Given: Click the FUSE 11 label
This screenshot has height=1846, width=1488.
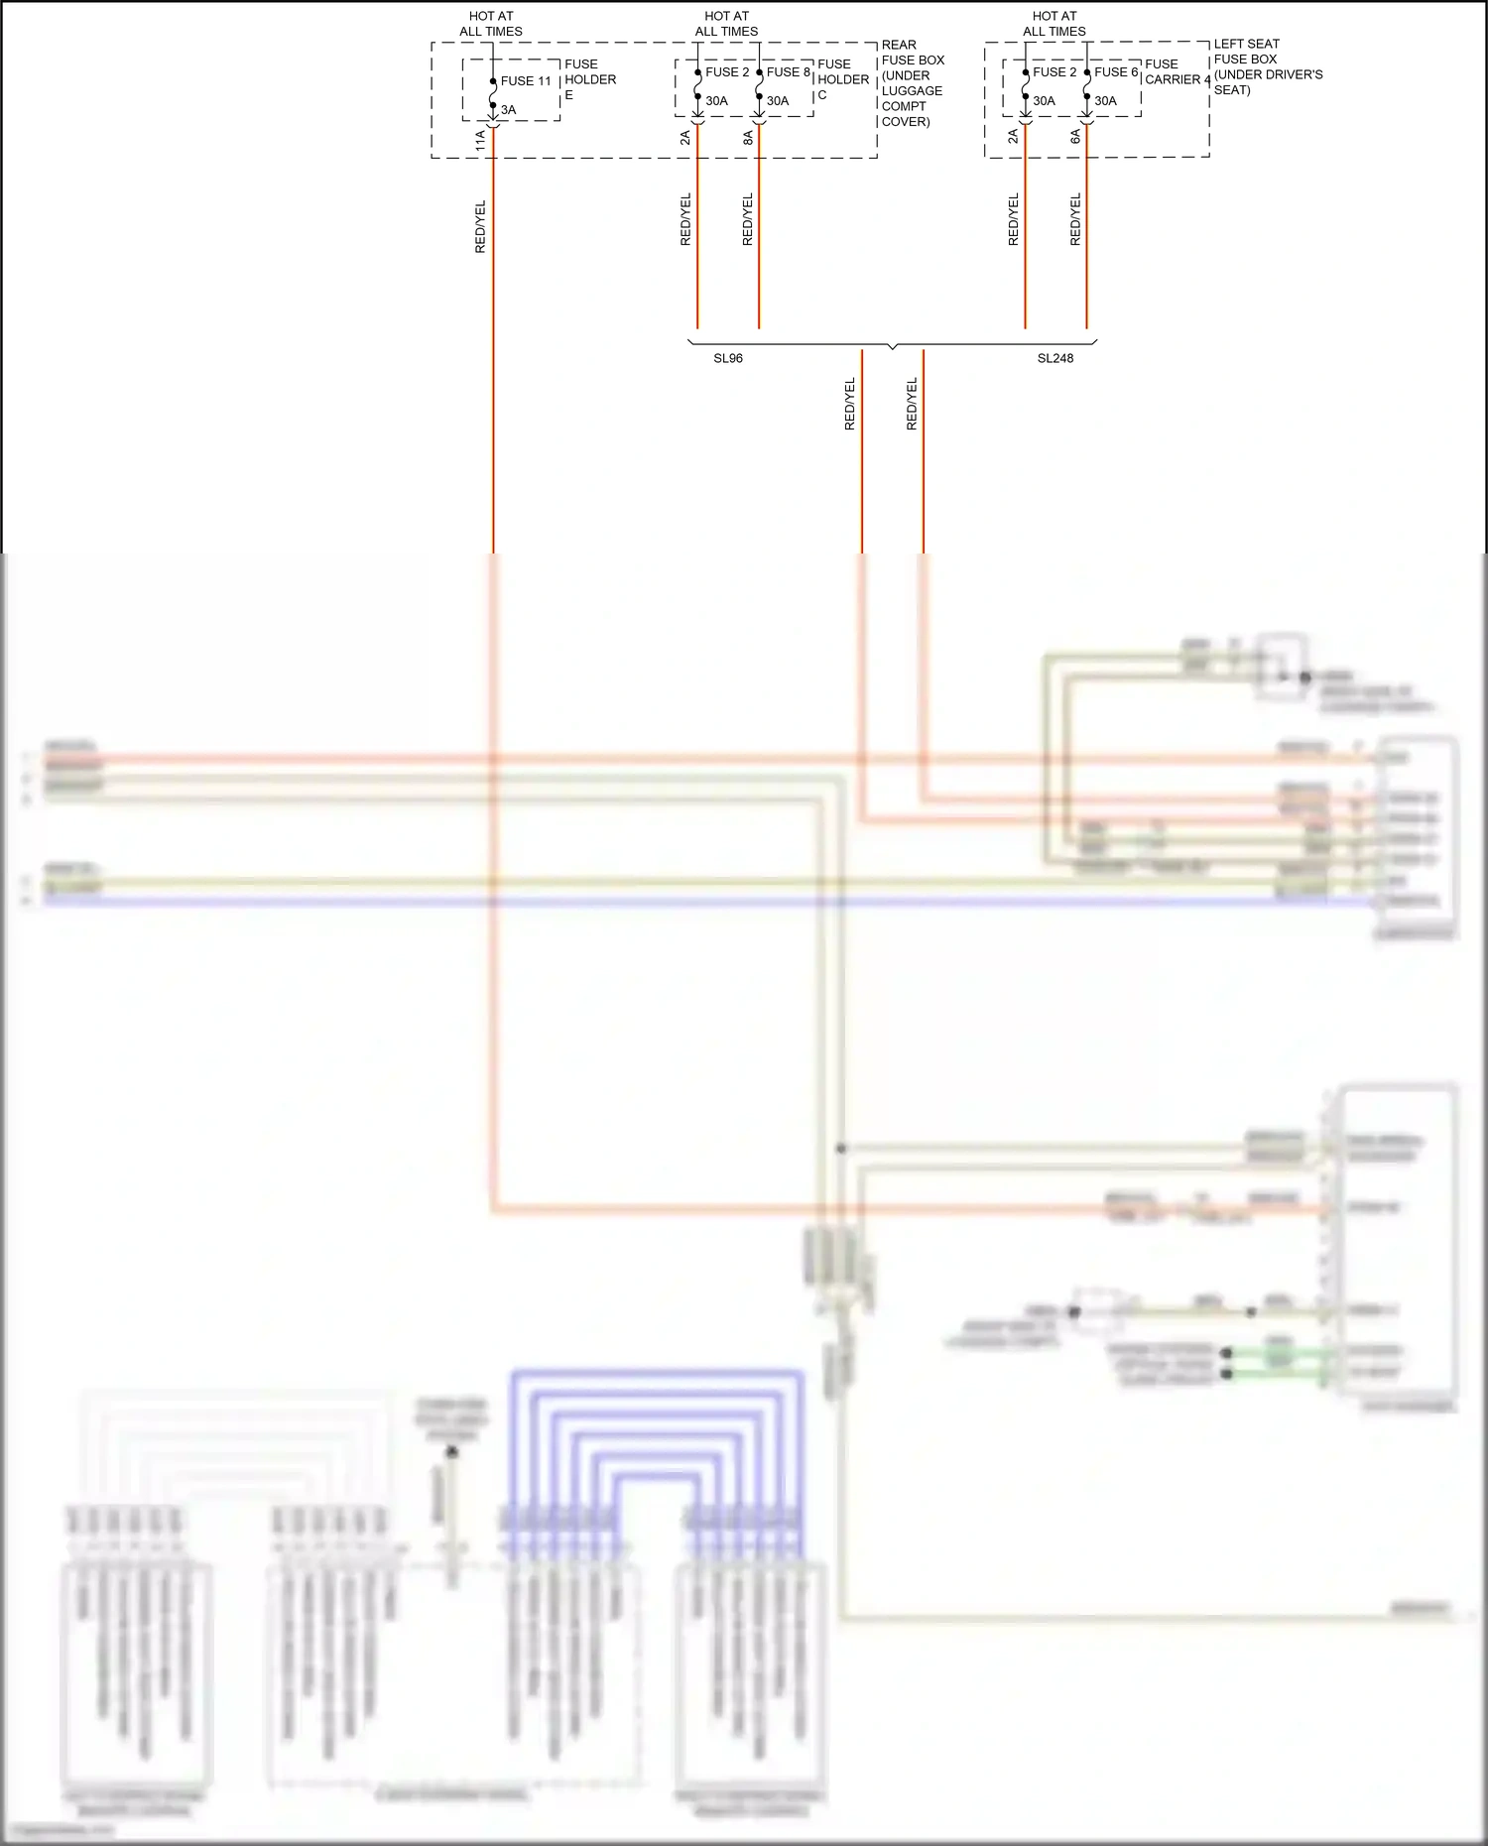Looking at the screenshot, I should [x=526, y=81].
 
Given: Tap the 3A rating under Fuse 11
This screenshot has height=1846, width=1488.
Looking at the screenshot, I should [x=508, y=110].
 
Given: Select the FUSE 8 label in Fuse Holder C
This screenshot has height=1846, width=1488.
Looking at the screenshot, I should [x=789, y=72].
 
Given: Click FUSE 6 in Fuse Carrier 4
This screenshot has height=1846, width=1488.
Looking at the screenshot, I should [x=1116, y=72].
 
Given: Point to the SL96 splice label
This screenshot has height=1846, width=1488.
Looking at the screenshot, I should [x=728, y=358].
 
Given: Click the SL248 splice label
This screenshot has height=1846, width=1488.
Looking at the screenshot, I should [x=1054, y=358].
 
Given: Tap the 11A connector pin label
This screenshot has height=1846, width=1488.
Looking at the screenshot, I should [x=480, y=140].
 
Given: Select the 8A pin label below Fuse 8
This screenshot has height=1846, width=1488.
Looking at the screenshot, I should [x=748, y=138].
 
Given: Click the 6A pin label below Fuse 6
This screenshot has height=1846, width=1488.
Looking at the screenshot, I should [x=1075, y=137].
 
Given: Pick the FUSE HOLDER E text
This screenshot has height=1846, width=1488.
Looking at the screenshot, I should [x=589, y=79].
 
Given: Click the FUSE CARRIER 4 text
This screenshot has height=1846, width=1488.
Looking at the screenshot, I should [x=1177, y=72].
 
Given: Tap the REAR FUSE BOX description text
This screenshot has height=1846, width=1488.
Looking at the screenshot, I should [x=912, y=83].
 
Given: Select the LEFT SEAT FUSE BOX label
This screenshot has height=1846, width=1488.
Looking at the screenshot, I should [x=1267, y=66].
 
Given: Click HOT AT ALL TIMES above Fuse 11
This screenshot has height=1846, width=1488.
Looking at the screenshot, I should [x=491, y=24].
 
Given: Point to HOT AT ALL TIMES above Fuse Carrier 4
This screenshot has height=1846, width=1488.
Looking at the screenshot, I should [x=1054, y=24].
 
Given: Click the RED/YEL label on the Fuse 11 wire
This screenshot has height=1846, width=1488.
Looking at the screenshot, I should [x=480, y=226].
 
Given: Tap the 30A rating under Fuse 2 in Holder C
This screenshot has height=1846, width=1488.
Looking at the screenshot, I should [x=716, y=101].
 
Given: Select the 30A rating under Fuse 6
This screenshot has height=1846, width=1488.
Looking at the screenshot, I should [x=1105, y=101].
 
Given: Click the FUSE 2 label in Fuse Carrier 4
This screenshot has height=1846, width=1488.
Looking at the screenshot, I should [x=1054, y=72].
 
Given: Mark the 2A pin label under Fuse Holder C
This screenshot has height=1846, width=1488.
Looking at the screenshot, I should [x=684, y=138].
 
